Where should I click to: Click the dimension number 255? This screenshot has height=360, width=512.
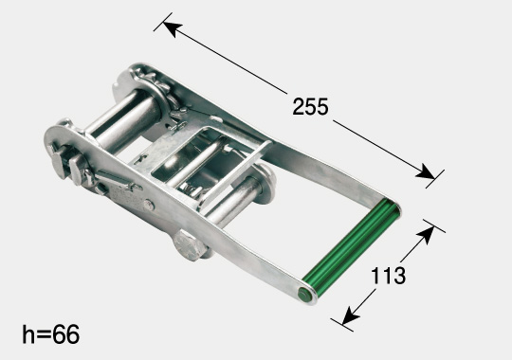pyautogui.click(x=310, y=107)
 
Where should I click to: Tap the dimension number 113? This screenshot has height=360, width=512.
pyautogui.click(x=388, y=276)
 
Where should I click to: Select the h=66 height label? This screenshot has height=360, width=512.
pyautogui.click(x=50, y=333)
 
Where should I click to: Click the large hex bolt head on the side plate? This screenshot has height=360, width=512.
pyautogui.click(x=190, y=244)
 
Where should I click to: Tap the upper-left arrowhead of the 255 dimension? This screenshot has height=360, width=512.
pyautogui.click(x=172, y=28)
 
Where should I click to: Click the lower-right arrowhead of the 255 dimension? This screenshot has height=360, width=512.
pyautogui.click(x=425, y=171)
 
